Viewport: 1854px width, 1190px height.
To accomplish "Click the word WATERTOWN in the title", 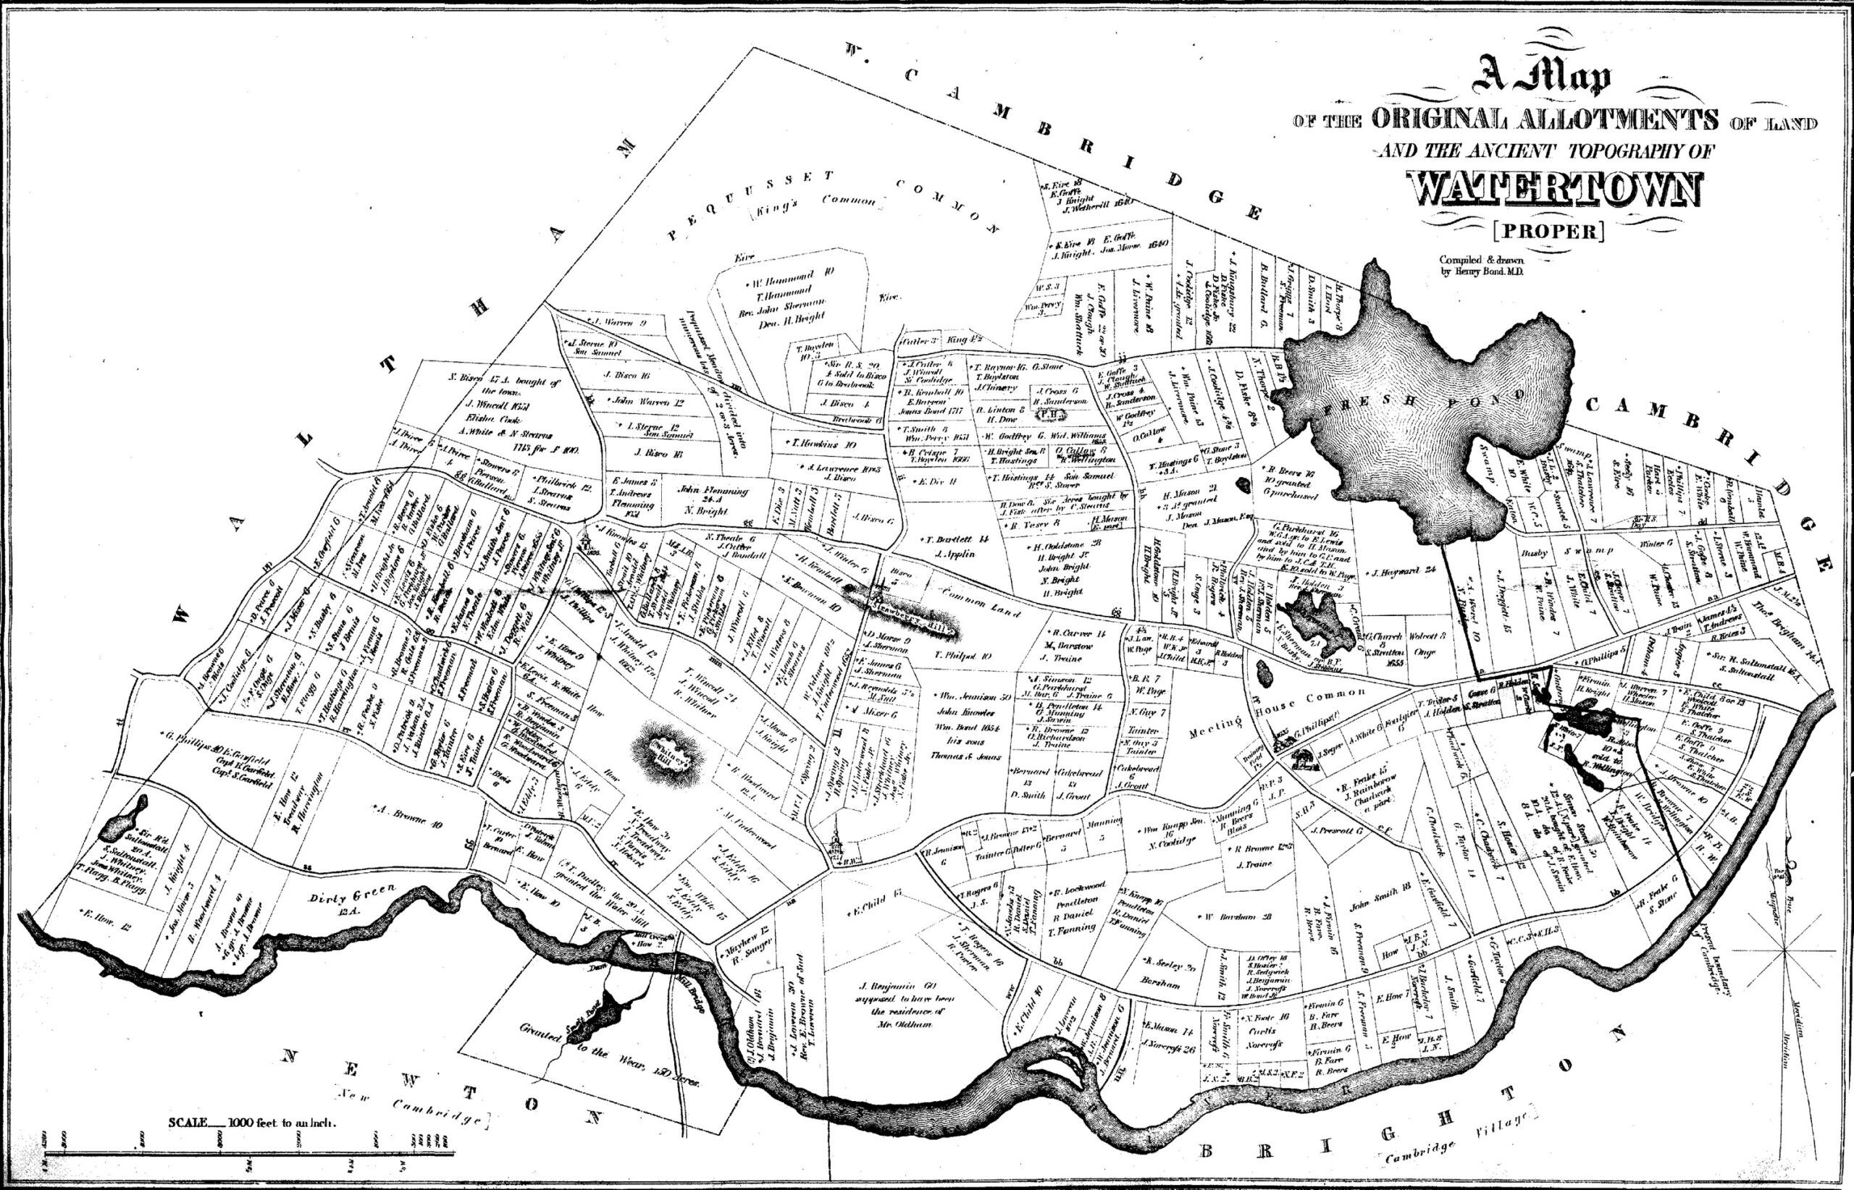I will [x=1555, y=190].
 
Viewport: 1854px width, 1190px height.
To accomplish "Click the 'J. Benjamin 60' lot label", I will [x=897, y=986].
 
